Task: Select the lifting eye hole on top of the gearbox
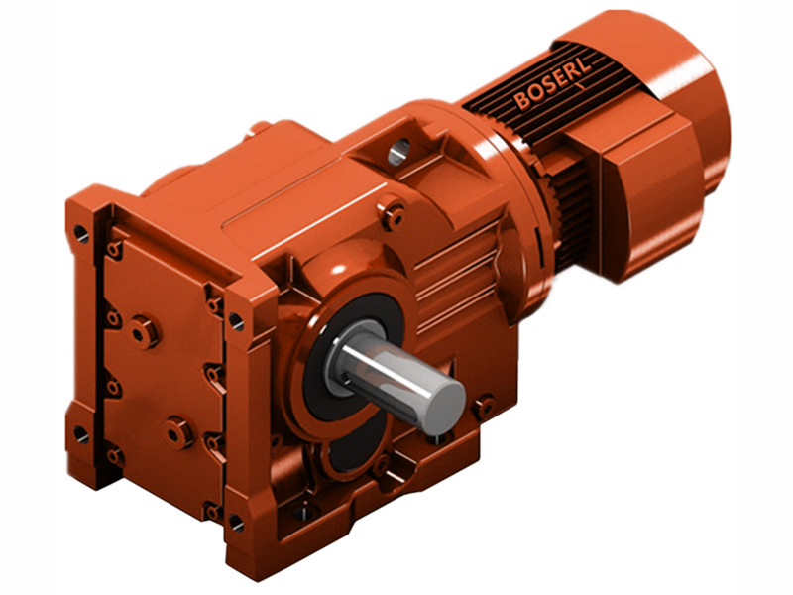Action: (x=398, y=152)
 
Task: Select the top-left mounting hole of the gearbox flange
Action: (x=80, y=234)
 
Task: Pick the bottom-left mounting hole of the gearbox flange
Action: (x=80, y=434)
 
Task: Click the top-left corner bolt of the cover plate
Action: (x=115, y=249)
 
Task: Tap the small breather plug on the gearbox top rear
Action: (x=260, y=127)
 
